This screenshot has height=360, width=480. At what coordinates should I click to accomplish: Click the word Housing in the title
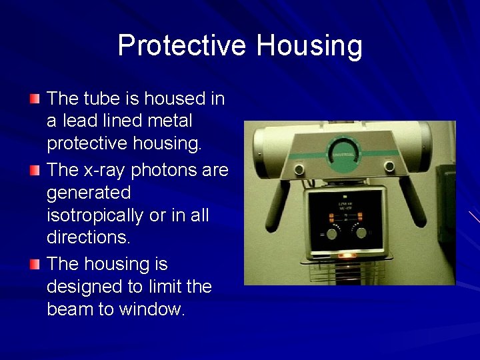pyautogui.click(x=309, y=46)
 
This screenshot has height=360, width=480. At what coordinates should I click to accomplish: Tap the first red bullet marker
pyautogui.click(x=35, y=99)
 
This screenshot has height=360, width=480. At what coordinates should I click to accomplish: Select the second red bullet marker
pyautogui.click(x=35, y=171)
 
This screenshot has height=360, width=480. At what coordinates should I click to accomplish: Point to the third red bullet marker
pyautogui.click(x=35, y=264)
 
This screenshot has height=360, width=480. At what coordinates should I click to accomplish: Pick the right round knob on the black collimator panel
pyautogui.click(x=361, y=232)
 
